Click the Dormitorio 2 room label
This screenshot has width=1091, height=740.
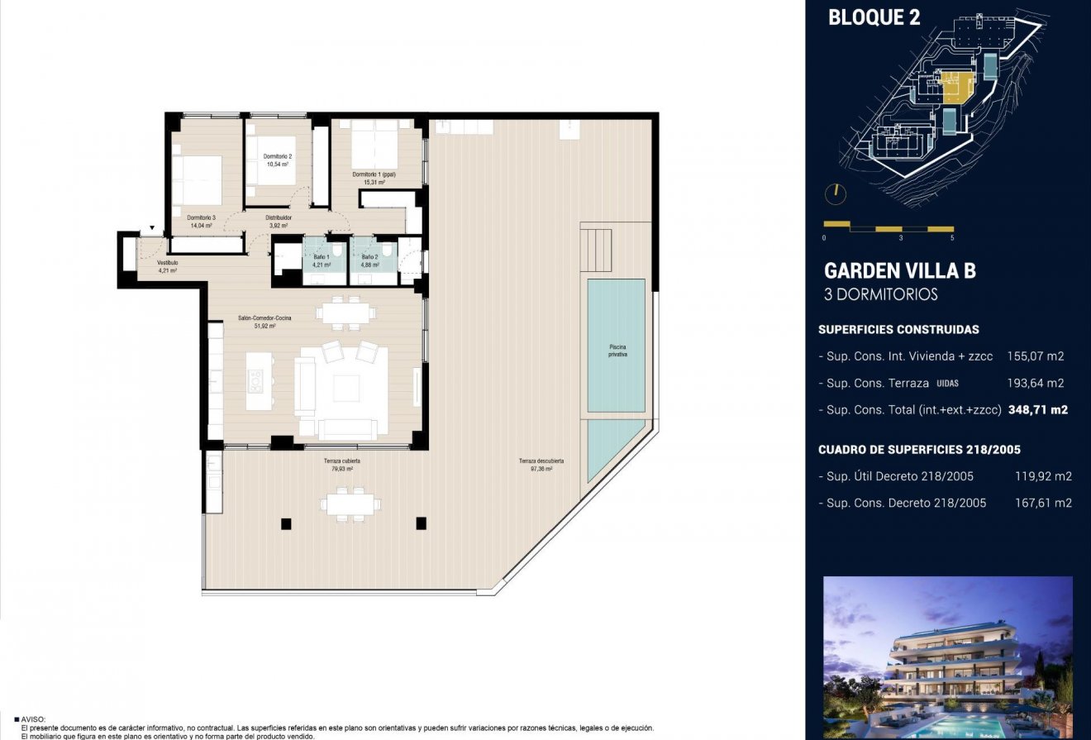click(x=278, y=156)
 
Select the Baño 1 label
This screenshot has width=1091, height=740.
click(x=322, y=257)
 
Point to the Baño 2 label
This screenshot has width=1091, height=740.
click(x=370, y=257)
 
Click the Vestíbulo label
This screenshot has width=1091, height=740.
click(x=168, y=263)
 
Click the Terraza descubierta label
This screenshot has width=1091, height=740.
click(x=541, y=461)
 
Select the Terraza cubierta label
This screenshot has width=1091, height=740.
click(x=341, y=461)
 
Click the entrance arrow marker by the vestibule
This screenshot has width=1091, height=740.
click(x=152, y=229)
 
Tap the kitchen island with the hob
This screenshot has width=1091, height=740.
click(x=260, y=380)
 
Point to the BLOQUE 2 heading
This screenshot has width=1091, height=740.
click(x=874, y=17)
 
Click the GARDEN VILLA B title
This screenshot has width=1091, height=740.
click(x=899, y=270)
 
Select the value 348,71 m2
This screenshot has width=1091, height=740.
click(x=1037, y=409)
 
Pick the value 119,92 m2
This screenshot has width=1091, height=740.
click(x=1043, y=476)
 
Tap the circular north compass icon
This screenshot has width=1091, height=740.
click(x=836, y=193)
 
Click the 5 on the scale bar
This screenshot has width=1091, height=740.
click(x=952, y=237)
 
